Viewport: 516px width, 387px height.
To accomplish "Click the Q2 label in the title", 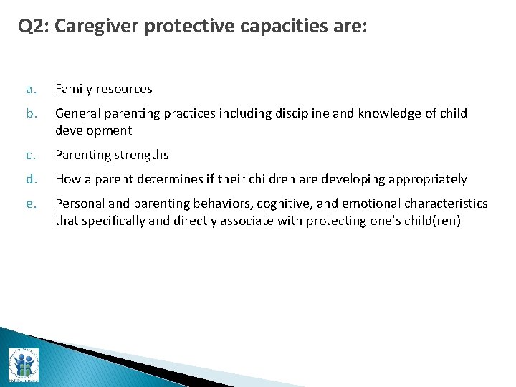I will point(33,27).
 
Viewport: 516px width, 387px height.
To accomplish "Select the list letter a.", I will point(30,90).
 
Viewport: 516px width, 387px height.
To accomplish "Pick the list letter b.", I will point(30,113).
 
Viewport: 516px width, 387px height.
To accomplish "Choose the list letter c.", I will point(30,155).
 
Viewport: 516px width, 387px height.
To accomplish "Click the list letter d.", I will point(30,179).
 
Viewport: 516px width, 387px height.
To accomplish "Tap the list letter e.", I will point(30,204).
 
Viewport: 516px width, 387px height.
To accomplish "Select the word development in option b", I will point(93,130).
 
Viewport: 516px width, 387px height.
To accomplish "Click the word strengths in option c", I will point(142,155).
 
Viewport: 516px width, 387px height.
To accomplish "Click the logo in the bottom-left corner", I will point(24,365).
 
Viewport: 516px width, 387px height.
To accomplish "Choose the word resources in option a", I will point(124,90).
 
